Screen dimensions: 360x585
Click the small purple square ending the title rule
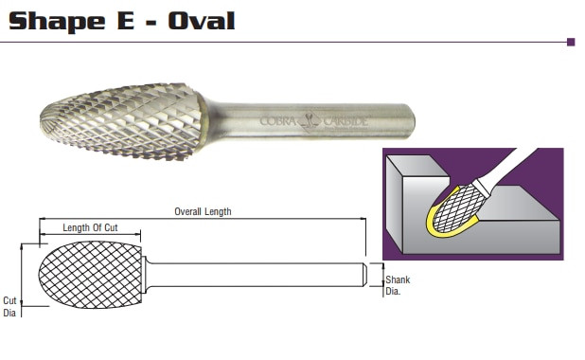pos(571,42)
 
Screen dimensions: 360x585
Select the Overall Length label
pos(203,211)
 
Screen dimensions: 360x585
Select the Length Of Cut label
pos(91,227)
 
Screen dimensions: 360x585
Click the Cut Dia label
pos(10,305)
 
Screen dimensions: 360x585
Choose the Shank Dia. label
pos(397,285)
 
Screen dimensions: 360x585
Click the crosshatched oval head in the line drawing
pos(91,274)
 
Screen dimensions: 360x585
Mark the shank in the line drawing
pos(256,274)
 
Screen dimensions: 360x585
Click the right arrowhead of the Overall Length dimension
pos(363,220)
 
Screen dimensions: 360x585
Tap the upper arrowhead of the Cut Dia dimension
pos(23,245)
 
